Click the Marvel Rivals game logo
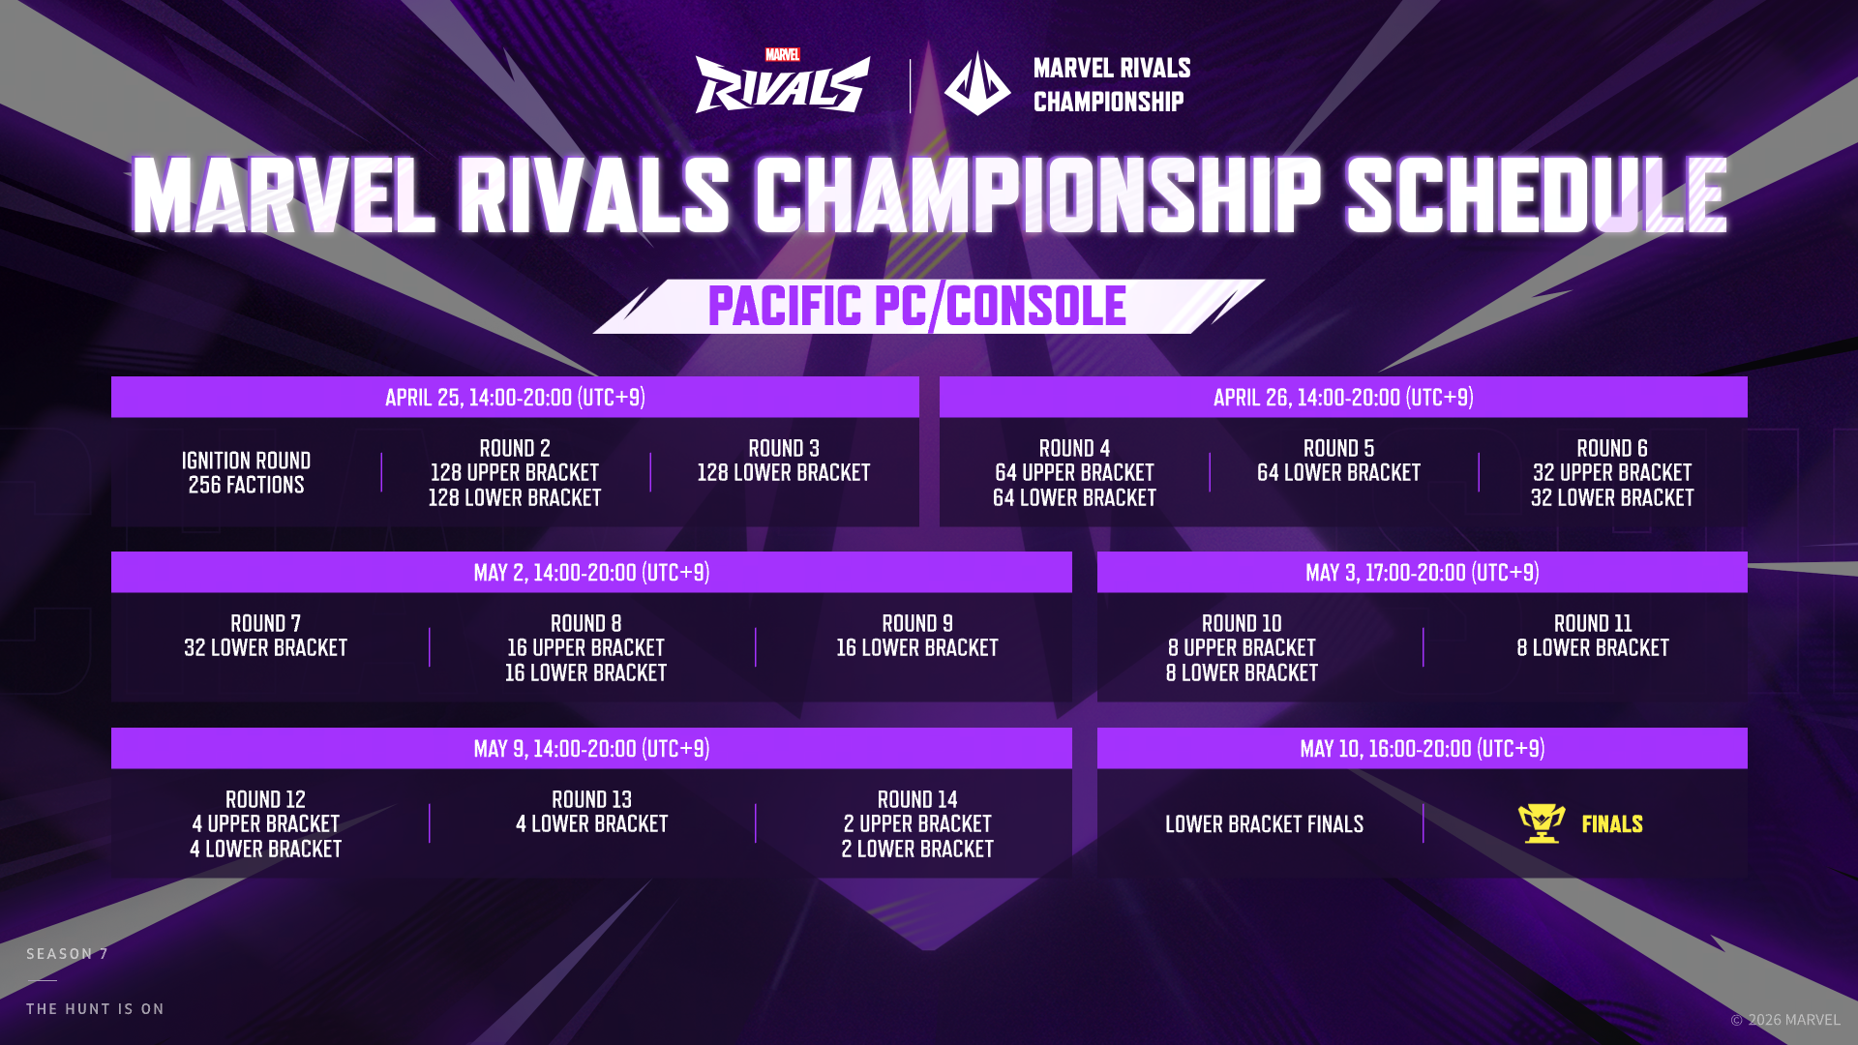click(x=783, y=81)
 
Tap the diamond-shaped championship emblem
click(x=977, y=83)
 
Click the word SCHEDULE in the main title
click(x=1536, y=195)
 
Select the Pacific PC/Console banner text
click(x=916, y=307)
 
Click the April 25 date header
click(x=515, y=398)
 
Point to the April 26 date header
click(x=1343, y=398)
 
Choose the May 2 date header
click(x=591, y=573)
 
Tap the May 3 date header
click(x=1422, y=573)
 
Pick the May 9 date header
click(x=591, y=749)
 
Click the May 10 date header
click(x=1422, y=749)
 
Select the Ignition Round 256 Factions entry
click(x=246, y=472)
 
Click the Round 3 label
click(x=784, y=449)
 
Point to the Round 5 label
click(x=1338, y=449)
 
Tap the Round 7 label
click(x=265, y=624)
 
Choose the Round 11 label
click(x=1593, y=624)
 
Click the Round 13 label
click(x=591, y=800)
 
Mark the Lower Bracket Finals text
click(x=1264, y=824)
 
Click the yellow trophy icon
click(x=1542, y=823)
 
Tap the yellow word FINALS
click(x=1612, y=824)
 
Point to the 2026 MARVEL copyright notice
click(x=1785, y=1020)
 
